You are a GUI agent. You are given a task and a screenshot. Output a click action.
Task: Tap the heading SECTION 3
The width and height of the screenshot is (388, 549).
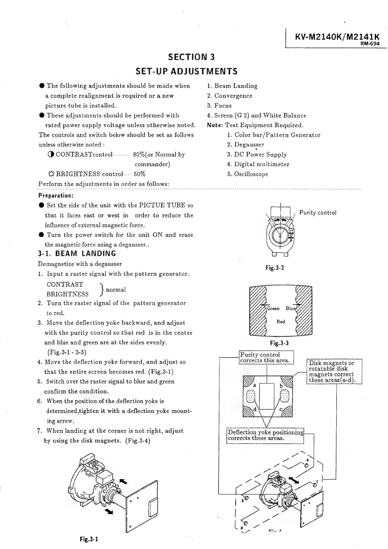(x=191, y=57)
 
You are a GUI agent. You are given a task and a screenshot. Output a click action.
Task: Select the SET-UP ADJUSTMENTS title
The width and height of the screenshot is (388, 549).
(x=186, y=71)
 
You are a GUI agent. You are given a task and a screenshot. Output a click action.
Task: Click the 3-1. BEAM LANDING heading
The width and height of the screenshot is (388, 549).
(x=77, y=253)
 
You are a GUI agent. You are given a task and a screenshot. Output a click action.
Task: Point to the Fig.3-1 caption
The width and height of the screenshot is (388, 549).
(x=89, y=539)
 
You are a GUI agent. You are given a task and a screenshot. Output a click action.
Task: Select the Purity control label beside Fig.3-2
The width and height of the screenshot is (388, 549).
(x=318, y=213)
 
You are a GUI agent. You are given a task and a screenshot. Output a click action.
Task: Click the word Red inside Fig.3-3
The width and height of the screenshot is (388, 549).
(x=280, y=322)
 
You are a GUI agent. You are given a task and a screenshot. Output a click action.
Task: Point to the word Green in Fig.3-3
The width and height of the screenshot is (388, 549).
(x=273, y=309)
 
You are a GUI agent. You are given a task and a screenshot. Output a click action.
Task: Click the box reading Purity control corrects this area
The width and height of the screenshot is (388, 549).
(x=266, y=357)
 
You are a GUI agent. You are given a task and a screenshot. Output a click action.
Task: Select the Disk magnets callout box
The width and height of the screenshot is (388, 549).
(x=334, y=372)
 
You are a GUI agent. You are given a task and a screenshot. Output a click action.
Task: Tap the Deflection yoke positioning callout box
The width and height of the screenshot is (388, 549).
(x=266, y=435)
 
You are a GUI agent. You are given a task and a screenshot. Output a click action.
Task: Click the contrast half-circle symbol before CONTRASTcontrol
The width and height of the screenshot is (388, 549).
(x=50, y=154)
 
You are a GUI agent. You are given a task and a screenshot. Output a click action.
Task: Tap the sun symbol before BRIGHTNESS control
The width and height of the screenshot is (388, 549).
(x=51, y=174)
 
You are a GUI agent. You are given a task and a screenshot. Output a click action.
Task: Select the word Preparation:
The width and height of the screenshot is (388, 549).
(x=56, y=196)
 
